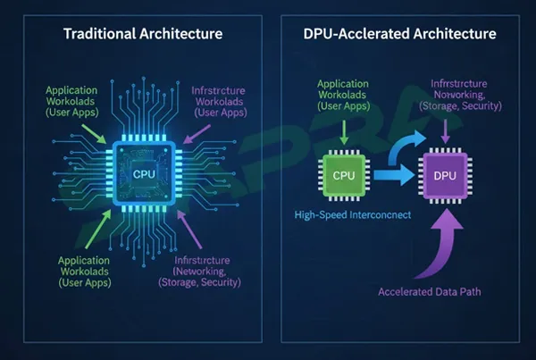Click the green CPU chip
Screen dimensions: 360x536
[x=344, y=175]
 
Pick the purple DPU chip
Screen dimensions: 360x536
[x=444, y=175]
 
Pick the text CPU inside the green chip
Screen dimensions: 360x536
[x=344, y=175]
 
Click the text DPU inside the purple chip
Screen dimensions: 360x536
[x=444, y=175]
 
